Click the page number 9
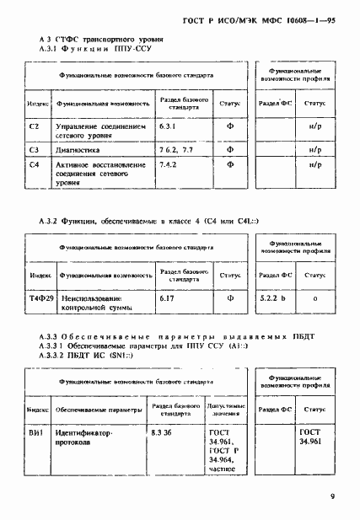click(333, 497)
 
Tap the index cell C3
click(35, 149)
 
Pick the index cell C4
click(35, 164)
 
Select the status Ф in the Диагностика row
click(230, 149)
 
